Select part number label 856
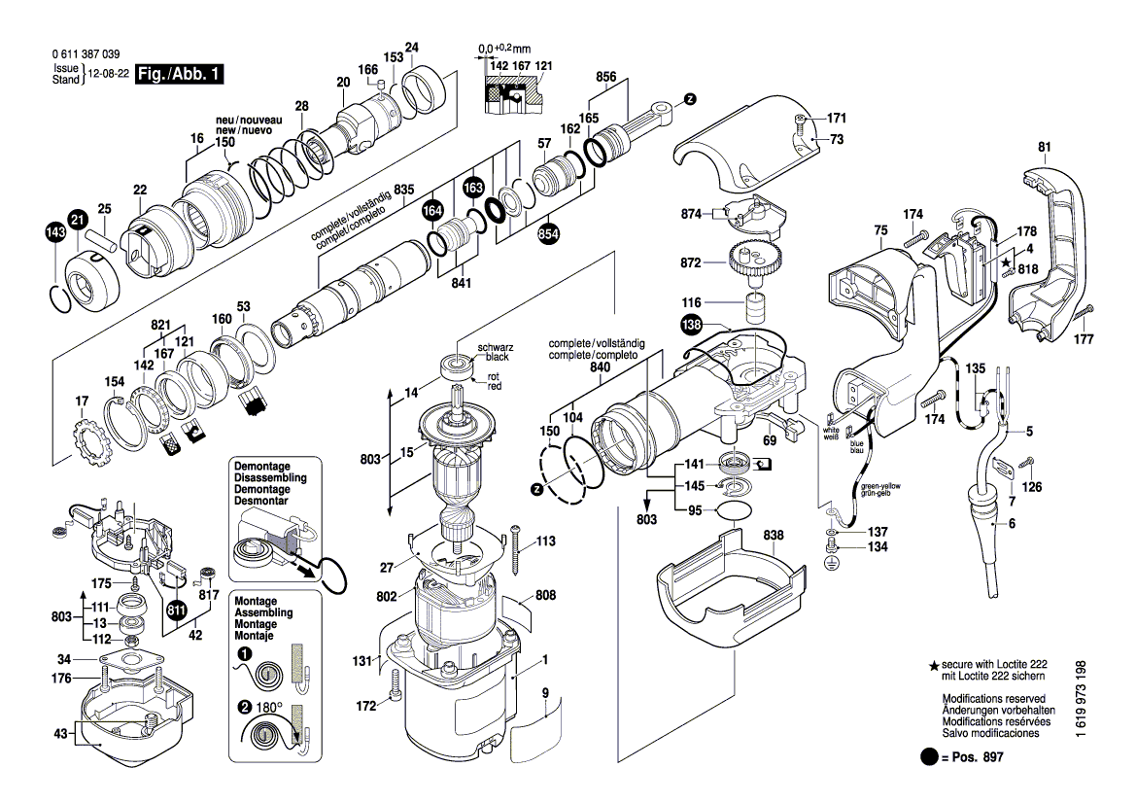pos(605,76)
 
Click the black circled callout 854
pos(549,234)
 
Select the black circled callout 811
pos(177,611)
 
